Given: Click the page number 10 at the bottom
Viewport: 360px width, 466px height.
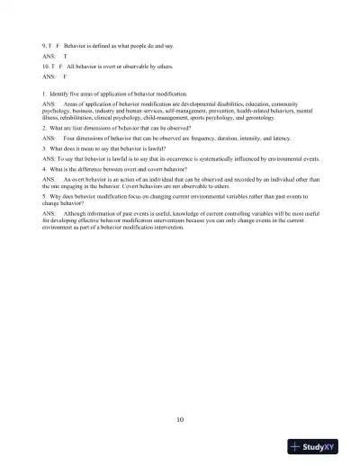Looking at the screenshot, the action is pyautogui.click(x=181, y=418).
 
